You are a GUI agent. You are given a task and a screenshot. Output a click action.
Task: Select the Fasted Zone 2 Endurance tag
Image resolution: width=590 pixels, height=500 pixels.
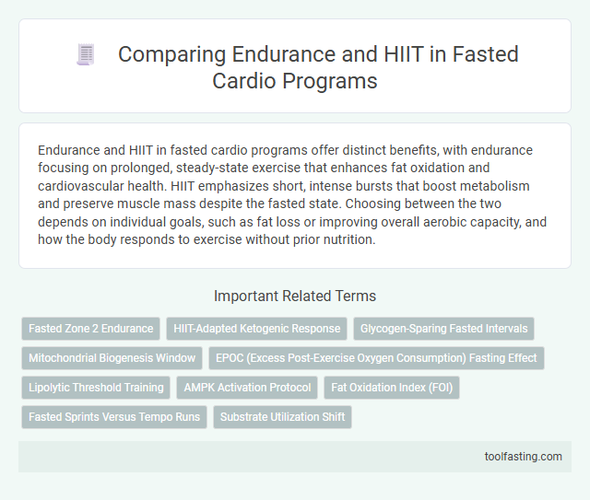(90, 328)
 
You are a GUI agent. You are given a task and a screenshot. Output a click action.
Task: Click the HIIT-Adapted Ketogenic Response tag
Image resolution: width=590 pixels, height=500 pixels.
(256, 328)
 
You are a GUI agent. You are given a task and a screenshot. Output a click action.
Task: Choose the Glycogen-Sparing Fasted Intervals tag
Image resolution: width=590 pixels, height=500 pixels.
(444, 328)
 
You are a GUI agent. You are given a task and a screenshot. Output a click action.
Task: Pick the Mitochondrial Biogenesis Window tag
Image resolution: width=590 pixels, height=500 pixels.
(112, 357)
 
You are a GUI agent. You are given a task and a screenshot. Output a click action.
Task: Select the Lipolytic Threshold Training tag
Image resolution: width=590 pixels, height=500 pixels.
(97, 387)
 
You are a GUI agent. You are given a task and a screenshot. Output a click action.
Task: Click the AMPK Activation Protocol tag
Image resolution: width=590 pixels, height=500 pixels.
(246, 387)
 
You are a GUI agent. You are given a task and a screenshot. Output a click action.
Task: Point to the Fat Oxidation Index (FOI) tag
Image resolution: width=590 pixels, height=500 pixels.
(391, 387)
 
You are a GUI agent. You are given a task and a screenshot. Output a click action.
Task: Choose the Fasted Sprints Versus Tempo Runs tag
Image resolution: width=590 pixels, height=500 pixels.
(113, 416)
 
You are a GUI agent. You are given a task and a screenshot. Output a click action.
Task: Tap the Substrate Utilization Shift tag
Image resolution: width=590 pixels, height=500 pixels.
(282, 416)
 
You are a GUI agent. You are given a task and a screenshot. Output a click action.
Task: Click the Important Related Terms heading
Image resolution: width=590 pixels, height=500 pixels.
(294, 297)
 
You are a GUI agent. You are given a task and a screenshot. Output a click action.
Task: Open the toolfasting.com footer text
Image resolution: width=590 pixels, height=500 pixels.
(525, 456)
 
